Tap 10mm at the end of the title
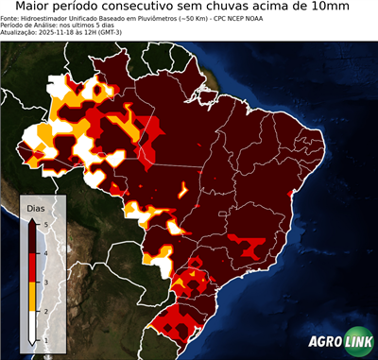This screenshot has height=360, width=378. click(351, 7)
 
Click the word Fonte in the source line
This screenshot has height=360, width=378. click(10, 17)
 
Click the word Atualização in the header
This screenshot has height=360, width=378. click(18, 32)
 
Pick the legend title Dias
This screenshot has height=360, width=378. click(36, 207)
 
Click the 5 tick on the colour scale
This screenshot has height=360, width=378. click(47, 224)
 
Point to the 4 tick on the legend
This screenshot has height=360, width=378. click(47, 253)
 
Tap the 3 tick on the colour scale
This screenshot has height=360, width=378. click(47, 282)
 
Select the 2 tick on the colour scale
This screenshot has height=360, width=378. click(47, 311)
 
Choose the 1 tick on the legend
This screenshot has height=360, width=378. click(47, 339)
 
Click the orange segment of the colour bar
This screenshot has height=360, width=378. click(33, 296)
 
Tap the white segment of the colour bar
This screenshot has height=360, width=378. click(33, 325)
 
